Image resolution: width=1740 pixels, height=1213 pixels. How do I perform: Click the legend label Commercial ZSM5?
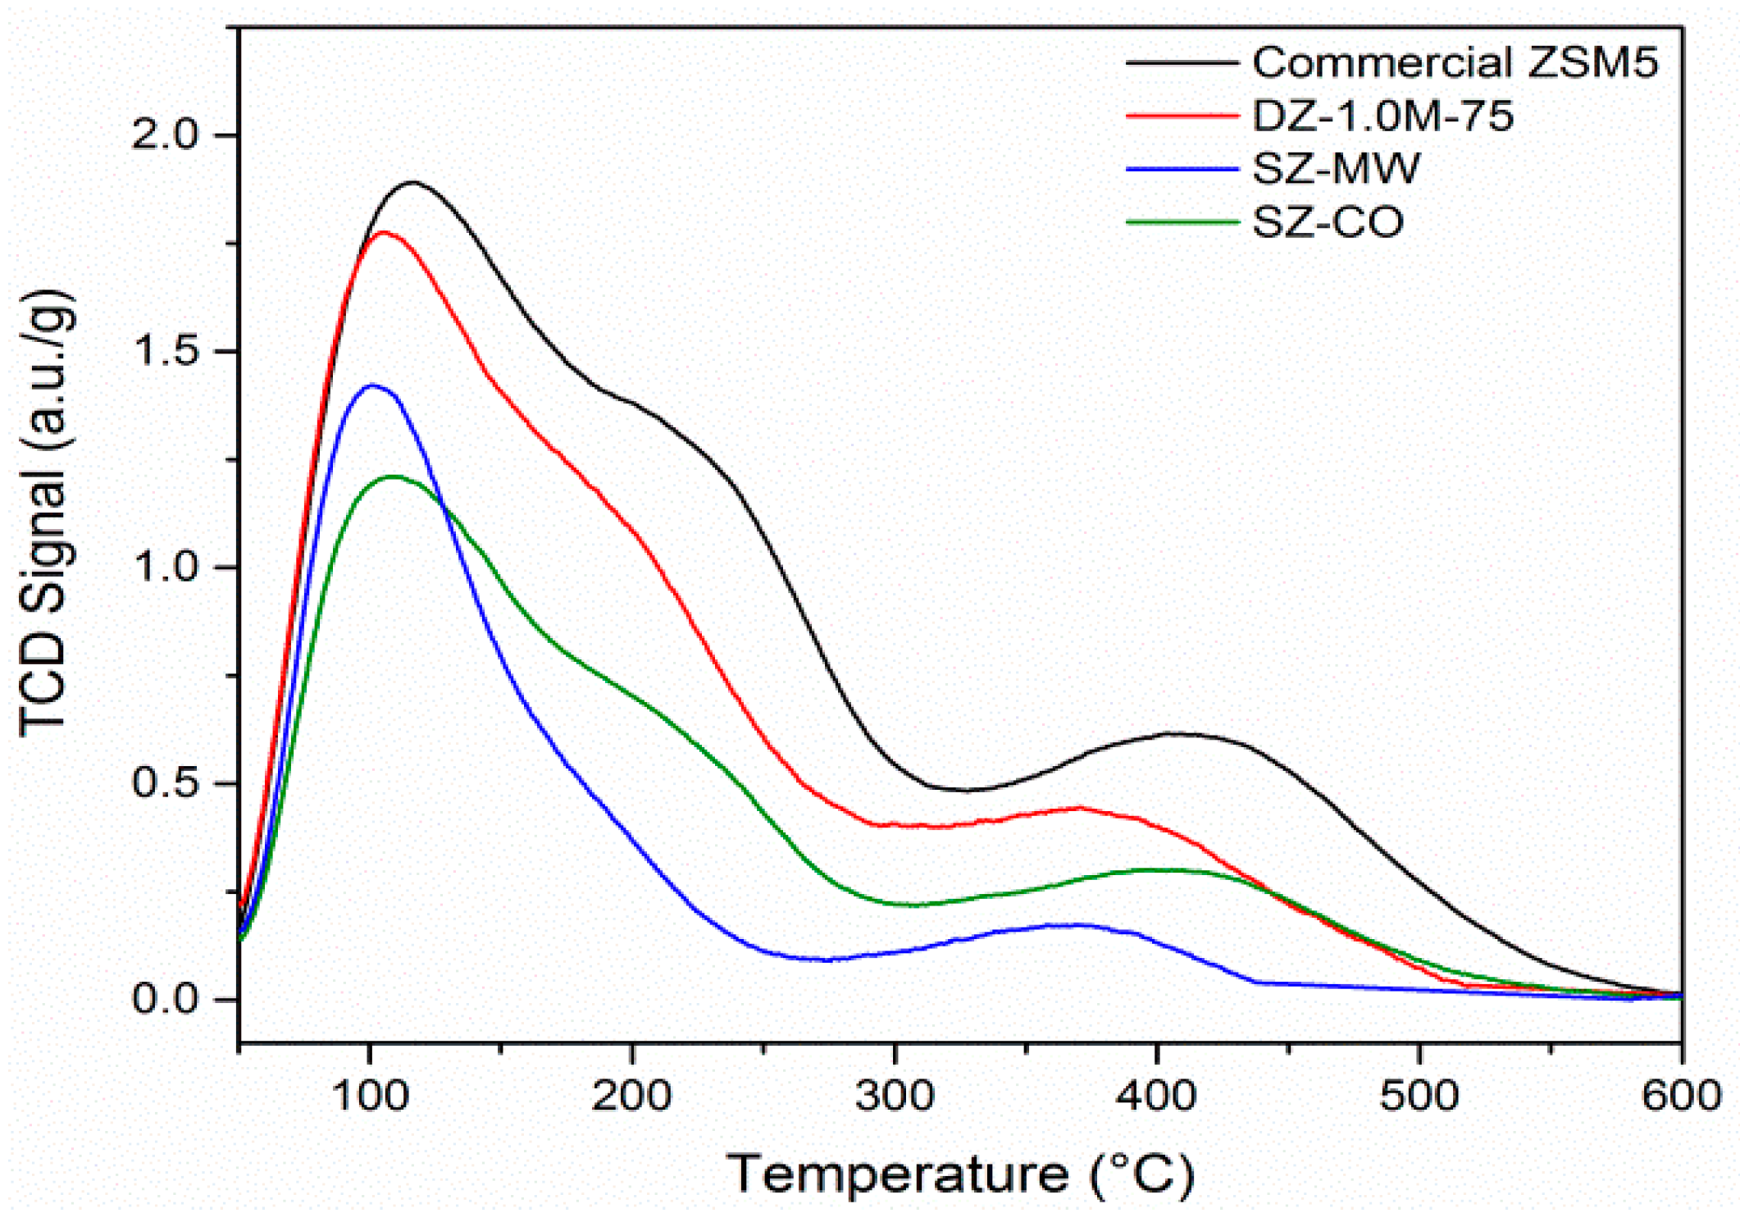point(1455,63)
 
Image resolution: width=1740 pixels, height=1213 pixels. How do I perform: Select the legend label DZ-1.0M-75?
point(1382,116)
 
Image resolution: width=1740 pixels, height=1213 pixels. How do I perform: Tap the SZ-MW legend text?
point(1337,169)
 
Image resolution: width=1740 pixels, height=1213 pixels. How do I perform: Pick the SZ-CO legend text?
point(1328,222)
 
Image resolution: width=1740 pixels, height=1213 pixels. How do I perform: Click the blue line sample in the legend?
point(1182,169)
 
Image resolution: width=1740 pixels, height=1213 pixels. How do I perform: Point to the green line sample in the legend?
point(1182,221)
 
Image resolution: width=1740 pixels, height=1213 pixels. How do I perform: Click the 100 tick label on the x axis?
point(370,1097)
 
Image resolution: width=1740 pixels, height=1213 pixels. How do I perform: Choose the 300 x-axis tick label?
point(895,1097)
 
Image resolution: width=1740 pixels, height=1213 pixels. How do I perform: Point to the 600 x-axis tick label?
point(1681,1097)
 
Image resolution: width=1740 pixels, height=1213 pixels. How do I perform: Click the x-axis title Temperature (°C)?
point(960,1174)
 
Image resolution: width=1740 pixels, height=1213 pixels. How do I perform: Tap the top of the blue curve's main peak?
point(373,385)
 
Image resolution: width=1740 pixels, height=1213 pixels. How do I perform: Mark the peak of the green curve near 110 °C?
point(394,476)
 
